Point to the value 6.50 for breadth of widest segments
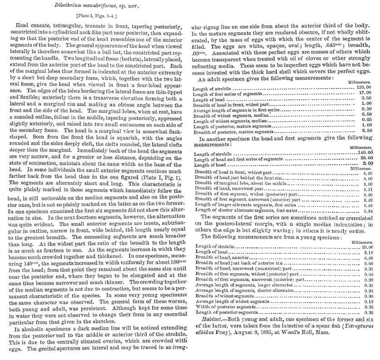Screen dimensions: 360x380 pos(367,115)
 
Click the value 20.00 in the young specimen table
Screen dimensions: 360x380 pos(366,247)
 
